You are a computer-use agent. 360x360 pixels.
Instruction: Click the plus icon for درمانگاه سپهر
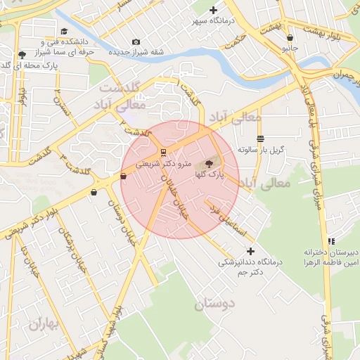tap(213, 10)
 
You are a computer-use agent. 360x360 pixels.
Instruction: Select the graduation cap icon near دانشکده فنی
tap(65, 31)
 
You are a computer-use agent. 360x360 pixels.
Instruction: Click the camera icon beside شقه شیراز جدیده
tap(136, 43)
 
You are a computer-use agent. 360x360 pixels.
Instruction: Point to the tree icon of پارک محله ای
tap(22, 55)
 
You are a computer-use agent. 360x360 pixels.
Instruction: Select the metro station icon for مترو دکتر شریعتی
tap(163, 153)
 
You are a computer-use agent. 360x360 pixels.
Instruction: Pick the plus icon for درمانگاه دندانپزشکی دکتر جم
tap(250, 251)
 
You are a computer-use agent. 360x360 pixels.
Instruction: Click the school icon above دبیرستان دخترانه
tap(331, 241)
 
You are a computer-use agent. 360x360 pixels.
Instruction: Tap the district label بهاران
tap(46, 324)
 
